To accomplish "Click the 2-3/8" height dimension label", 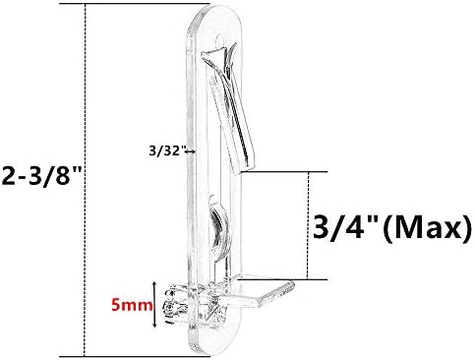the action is pyautogui.click(x=40, y=176).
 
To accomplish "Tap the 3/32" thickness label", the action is pyautogui.click(x=165, y=151).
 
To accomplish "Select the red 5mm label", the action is pyautogui.click(x=132, y=305).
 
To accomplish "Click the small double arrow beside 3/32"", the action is pyautogui.click(x=191, y=151).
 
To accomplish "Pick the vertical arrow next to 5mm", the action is pyautogui.click(x=155, y=304).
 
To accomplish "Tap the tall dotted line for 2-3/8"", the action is pyautogui.click(x=86, y=180).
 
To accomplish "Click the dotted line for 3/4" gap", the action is pyautogui.click(x=308, y=225).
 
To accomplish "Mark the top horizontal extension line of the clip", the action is pyautogui.click(x=135, y=4).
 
